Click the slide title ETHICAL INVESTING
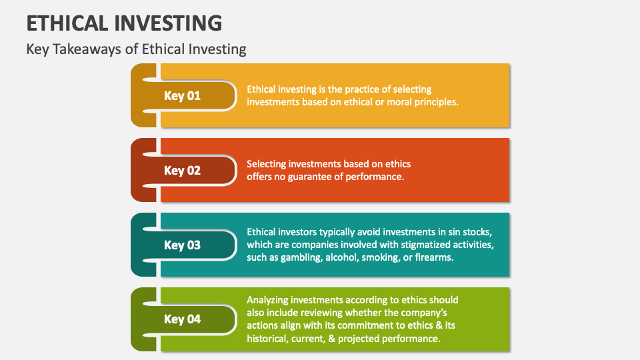click(124, 22)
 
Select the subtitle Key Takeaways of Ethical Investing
click(136, 49)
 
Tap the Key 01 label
click(182, 95)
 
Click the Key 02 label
click(182, 170)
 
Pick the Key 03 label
click(182, 245)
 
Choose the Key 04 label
click(182, 319)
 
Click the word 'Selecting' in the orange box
click(268, 164)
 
